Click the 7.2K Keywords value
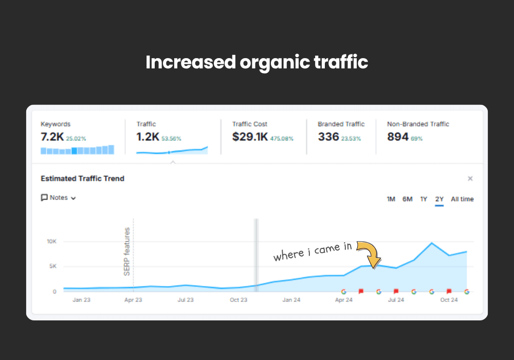(x=52, y=137)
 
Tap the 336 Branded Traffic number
(x=328, y=137)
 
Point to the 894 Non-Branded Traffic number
(x=397, y=137)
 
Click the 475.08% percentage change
(x=282, y=138)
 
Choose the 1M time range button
(x=391, y=199)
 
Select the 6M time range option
(x=407, y=199)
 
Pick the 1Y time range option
(x=424, y=199)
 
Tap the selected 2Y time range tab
(x=439, y=199)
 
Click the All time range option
(x=462, y=199)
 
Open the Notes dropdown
(x=59, y=197)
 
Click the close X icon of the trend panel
(x=470, y=178)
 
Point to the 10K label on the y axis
(x=51, y=241)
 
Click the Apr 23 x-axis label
(x=133, y=300)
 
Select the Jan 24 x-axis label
(x=291, y=300)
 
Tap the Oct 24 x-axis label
(x=449, y=300)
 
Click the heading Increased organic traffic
(x=257, y=62)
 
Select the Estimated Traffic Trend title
(x=82, y=178)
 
